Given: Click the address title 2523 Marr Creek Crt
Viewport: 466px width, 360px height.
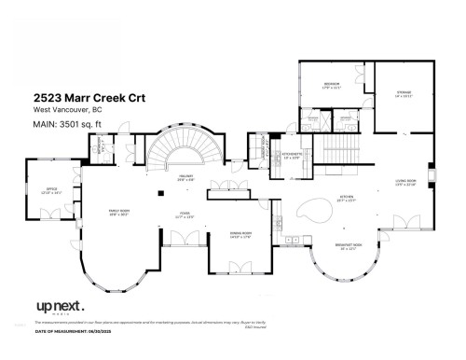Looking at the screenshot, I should [88, 96].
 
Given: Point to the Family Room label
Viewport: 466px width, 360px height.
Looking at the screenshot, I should [119, 213].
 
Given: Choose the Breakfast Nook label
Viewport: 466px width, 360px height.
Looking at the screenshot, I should [347, 248].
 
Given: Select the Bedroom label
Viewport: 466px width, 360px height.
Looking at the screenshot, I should [331, 86].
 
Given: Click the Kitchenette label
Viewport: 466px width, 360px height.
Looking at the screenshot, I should [291, 157].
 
